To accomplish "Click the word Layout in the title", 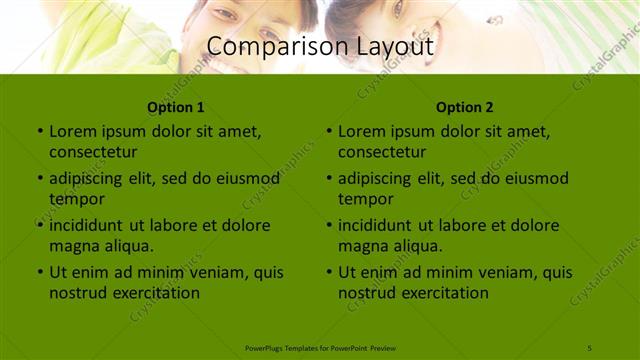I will pyautogui.click(x=387, y=46).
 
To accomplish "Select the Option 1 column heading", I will pyautogui.click(x=176, y=107).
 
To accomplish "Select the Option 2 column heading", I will pyautogui.click(x=465, y=107).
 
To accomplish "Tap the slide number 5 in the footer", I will pyautogui.click(x=591, y=347).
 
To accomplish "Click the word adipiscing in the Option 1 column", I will pyautogui.click(x=91, y=179).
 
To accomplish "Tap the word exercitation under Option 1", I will pyautogui.click(x=153, y=293).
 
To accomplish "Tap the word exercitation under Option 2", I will pyautogui.click(x=442, y=293).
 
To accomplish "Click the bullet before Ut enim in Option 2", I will pyautogui.click(x=329, y=272).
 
